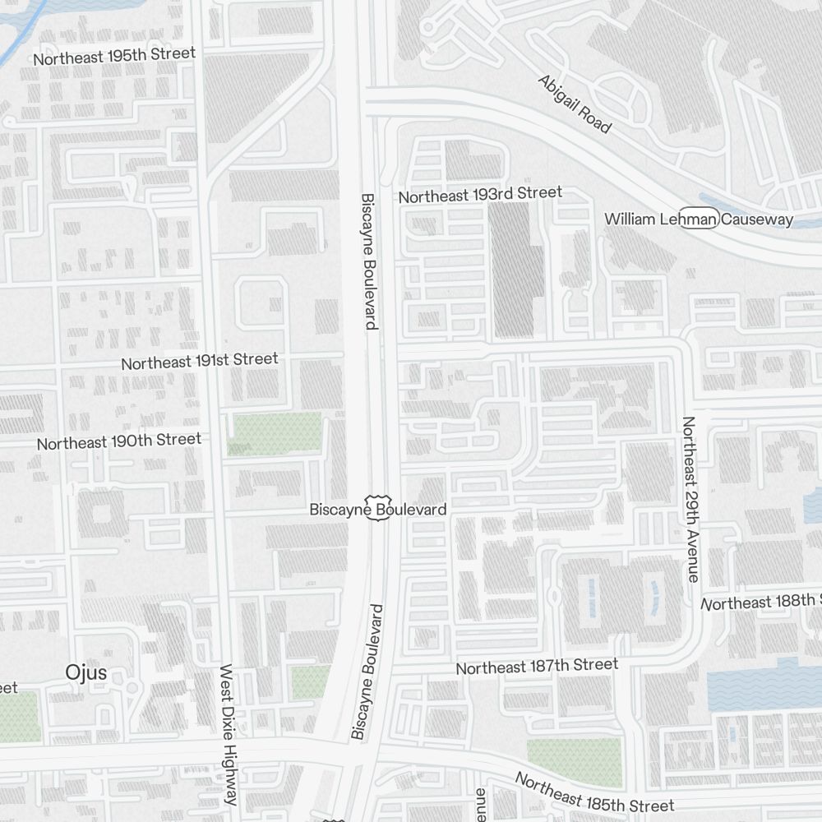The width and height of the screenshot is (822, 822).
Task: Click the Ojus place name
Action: coord(86,672)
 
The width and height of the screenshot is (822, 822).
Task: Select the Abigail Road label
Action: coord(575,104)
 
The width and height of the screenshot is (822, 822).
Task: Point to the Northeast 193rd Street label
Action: coord(480,195)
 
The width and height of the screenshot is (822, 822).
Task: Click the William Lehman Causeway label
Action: coord(699,219)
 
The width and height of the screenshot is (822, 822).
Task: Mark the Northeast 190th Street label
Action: coord(119,441)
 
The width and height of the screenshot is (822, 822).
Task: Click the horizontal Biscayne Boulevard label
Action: coord(377,510)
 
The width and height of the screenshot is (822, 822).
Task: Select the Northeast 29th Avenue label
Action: coord(690,499)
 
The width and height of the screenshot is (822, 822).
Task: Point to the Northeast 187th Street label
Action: coord(537,666)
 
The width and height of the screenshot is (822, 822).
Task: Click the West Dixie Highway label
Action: coord(229,735)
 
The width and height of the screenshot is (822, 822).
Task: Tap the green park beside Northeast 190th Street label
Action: coord(276,434)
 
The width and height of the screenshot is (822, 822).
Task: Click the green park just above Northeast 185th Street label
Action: coord(574,761)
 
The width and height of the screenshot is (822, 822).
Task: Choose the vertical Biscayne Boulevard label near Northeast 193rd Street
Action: coord(369,261)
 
